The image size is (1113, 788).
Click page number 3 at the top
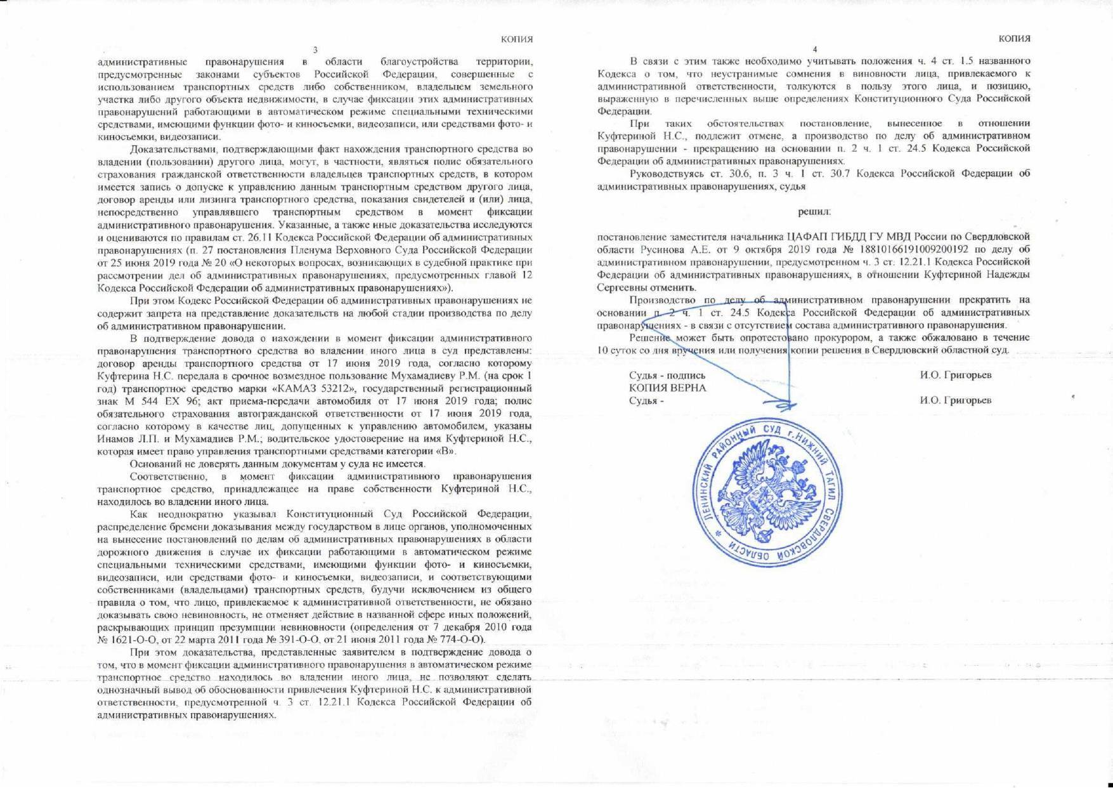coord(315,50)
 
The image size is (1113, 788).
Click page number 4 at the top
coord(815,50)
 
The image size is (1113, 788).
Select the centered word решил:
coord(814,211)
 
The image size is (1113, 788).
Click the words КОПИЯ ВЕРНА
coord(667,388)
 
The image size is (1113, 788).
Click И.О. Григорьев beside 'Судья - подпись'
coord(956,375)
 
